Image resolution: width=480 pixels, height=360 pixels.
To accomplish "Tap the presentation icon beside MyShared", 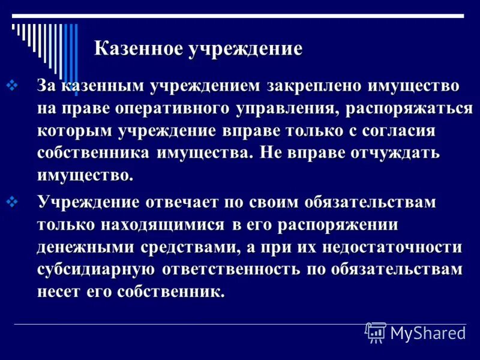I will pyautogui.click(x=376, y=332).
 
